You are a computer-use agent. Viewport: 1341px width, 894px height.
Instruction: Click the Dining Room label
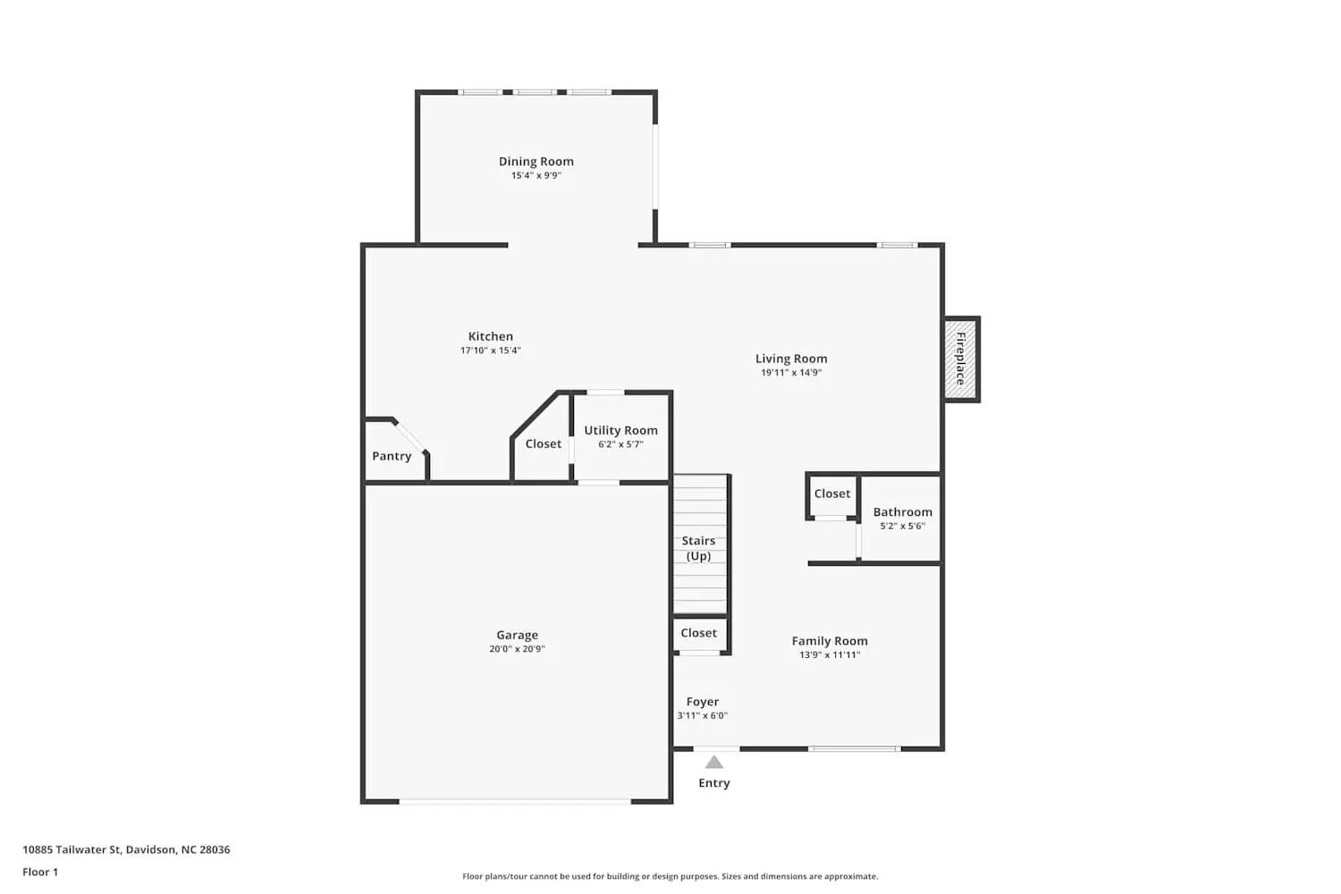[x=536, y=162]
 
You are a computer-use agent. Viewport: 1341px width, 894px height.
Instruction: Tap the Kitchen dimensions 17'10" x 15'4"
[x=491, y=351]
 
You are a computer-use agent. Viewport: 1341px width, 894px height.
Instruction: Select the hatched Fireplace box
[x=961, y=358]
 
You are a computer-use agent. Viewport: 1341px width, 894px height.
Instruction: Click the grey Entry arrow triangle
[x=713, y=763]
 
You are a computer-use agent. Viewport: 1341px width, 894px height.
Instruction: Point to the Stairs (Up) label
[x=699, y=548]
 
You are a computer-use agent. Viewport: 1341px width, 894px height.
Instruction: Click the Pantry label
[x=392, y=456]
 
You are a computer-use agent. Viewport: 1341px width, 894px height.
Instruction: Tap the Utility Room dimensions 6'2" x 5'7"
[x=620, y=444]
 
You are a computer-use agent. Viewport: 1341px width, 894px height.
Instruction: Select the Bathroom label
[x=902, y=512]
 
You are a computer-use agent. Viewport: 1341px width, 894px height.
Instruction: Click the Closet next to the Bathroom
[x=832, y=493]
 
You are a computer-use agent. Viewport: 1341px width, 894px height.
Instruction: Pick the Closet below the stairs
[x=699, y=633]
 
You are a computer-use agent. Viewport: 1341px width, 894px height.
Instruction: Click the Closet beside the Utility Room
[x=544, y=443]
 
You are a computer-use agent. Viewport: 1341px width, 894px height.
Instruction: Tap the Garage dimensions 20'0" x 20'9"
[x=517, y=649]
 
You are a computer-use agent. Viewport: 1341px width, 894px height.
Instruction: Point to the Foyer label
[x=703, y=702]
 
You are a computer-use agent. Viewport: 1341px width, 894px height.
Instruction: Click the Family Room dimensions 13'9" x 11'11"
[x=830, y=655]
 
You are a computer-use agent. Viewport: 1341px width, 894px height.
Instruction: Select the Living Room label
[x=791, y=358]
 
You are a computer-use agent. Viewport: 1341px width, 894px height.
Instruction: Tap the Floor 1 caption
[x=40, y=873]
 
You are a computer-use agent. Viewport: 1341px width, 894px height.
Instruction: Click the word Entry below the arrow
[x=713, y=783]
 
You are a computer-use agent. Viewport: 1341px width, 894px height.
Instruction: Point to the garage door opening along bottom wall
[x=515, y=801]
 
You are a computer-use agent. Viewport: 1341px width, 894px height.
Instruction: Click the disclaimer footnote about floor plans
[x=670, y=877]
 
